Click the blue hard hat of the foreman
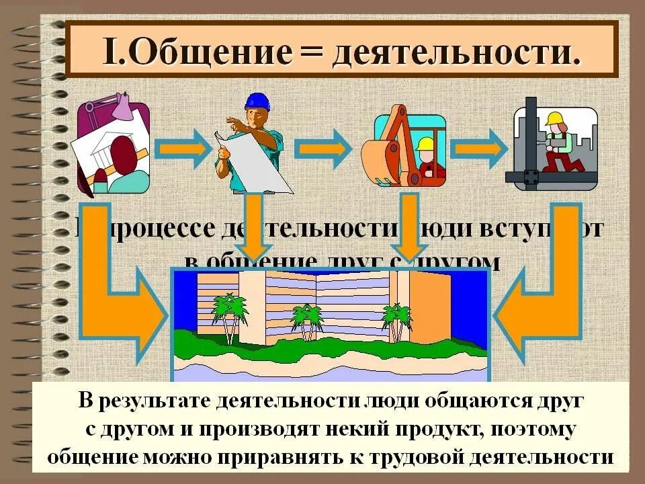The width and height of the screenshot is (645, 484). point(256,101)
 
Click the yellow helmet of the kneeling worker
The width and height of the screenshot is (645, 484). point(555,119)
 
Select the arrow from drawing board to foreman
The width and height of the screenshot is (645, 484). point(181,147)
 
